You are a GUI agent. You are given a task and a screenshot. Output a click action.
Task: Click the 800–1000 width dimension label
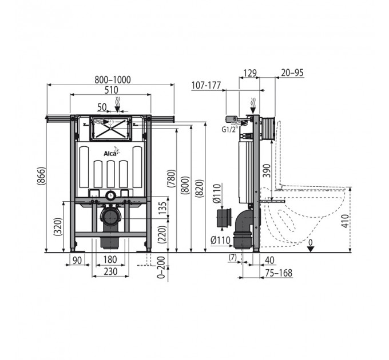coord(113,79)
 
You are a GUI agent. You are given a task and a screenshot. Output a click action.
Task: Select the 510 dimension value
coord(111,90)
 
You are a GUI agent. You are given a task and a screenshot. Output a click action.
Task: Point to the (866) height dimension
coord(41,176)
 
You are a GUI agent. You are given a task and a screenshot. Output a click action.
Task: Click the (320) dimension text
coord(58,227)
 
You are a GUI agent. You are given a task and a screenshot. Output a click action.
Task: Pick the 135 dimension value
coord(162,208)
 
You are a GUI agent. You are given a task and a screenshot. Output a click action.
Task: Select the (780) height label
coord(171,178)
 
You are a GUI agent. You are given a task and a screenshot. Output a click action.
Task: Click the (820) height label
coord(200,189)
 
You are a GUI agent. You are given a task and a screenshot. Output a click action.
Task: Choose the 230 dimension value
coord(110,271)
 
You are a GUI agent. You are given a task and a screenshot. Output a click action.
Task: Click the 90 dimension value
coord(77,260)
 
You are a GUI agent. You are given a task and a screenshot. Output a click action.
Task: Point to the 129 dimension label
coord(250,73)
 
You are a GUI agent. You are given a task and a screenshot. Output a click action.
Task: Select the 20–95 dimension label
coord(292,73)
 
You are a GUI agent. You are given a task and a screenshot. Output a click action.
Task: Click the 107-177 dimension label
coord(206,86)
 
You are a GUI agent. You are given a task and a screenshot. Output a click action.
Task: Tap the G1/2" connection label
coord(230,129)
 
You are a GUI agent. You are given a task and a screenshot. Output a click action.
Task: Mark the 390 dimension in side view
coord(267,170)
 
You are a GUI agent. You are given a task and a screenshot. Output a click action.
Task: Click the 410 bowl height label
coord(345,221)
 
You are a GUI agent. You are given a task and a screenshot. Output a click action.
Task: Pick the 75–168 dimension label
coord(279,273)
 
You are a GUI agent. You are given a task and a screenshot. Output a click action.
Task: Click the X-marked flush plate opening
coord(110,129)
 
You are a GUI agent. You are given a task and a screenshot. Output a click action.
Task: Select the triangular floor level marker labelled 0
coord(311,249)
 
